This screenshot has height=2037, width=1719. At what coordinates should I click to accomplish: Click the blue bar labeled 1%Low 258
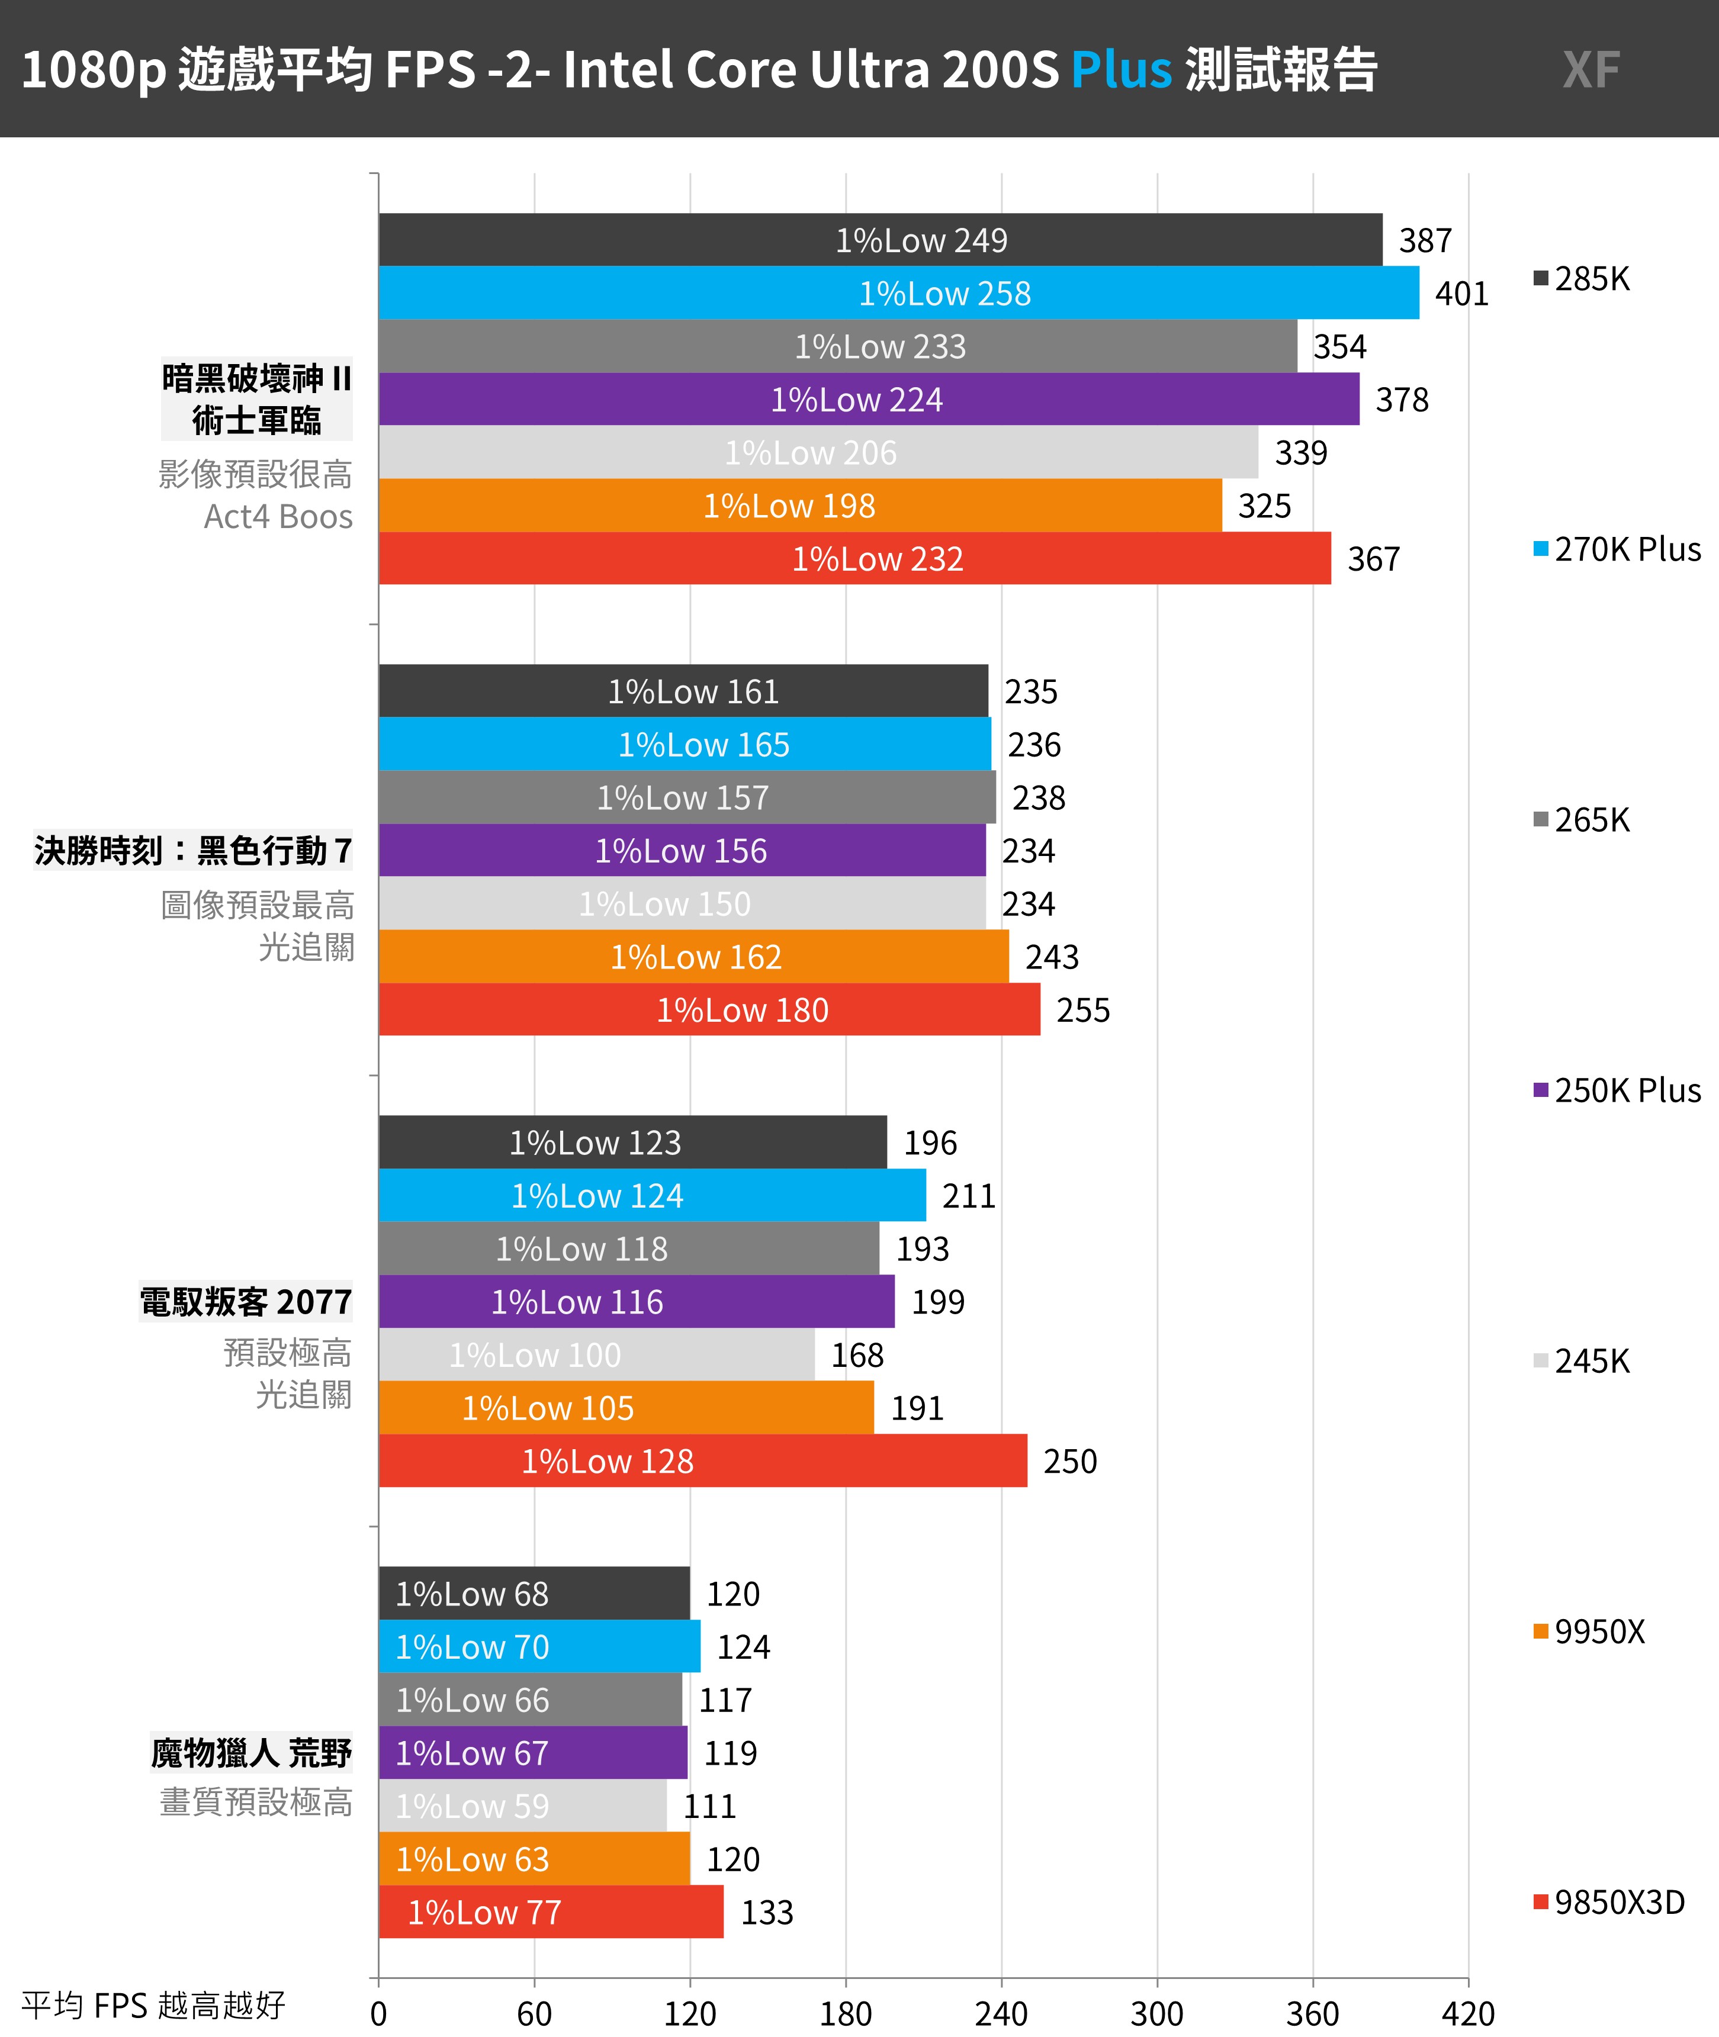(x=898, y=292)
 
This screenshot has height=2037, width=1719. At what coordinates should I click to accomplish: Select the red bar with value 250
(x=703, y=1460)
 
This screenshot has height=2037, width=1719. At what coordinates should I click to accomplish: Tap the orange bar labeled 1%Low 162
(x=694, y=957)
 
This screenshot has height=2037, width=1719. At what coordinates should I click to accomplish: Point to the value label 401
(x=1462, y=293)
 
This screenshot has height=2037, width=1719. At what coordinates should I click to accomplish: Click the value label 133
(x=767, y=1912)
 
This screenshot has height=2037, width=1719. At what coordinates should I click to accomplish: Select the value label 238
(x=1039, y=798)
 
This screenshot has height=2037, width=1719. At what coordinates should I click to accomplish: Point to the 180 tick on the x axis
(x=846, y=2013)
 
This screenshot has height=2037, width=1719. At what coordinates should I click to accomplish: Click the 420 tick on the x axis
(x=1467, y=2013)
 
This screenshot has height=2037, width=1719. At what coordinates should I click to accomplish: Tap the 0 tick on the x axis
(x=379, y=2013)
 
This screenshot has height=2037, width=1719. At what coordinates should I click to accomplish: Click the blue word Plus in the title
(x=1121, y=69)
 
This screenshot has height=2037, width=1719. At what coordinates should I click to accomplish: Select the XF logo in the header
(x=1591, y=70)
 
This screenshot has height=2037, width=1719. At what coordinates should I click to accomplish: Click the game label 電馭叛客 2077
(x=246, y=1302)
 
